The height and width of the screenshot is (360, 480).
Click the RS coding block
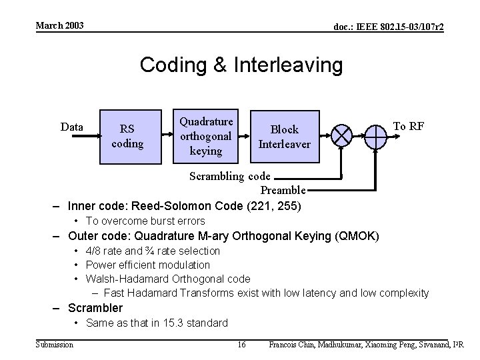pyautogui.click(x=131, y=136)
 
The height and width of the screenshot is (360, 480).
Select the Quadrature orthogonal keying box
pyautogui.click(x=206, y=136)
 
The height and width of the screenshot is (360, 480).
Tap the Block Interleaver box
pyautogui.click(x=284, y=136)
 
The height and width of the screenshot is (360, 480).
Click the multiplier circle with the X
pyautogui.click(x=342, y=136)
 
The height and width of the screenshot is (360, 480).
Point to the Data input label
pyautogui.click(x=72, y=127)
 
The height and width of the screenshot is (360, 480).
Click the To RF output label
pyautogui.click(x=409, y=126)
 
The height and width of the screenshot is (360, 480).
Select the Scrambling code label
pyautogui.click(x=230, y=177)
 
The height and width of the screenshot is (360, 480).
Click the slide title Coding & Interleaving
pyautogui.click(x=241, y=65)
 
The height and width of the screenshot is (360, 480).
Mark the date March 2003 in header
pyautogui.click(x=60, y=25)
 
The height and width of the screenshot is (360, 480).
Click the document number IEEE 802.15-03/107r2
pyautogui.click(x=389, y=26)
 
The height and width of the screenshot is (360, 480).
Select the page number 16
pyautogui.click(x=241, y=344)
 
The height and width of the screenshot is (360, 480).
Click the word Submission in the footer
pyautogui.click(x=55, y=344)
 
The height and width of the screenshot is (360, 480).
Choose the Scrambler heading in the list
pyautogui.click(x=95, y=307)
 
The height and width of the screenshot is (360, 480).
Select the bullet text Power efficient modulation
pyautogui.click(x=147, y=265)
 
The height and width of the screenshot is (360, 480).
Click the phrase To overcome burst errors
pyautogui.click(x=145, y=221)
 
